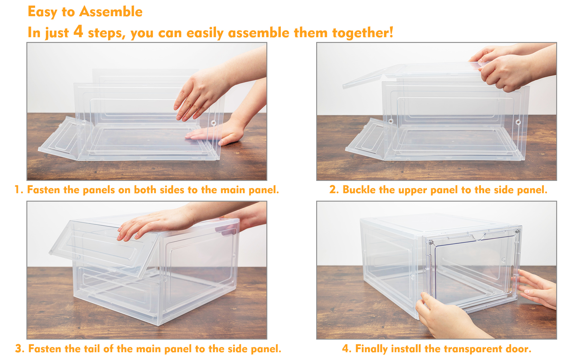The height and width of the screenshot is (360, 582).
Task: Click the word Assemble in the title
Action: [111, 12]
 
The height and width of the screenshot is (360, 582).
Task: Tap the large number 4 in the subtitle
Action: [78, 31]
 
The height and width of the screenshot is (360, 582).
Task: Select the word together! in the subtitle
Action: [363, 33]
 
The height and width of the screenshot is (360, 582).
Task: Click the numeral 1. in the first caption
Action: [19, 190]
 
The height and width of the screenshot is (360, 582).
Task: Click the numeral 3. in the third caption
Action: [20, 349]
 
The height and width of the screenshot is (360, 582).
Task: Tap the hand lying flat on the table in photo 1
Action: [219, 133]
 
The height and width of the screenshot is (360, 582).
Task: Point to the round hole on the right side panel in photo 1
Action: [213, 123]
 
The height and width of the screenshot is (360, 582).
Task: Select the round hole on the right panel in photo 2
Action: [518, 122]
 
